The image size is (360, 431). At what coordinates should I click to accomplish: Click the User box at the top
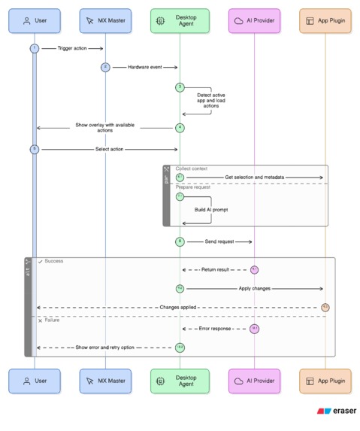tap(35, 21)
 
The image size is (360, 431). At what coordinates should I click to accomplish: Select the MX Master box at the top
tap(105, 21)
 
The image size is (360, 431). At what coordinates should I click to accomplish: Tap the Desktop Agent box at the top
tap(179, 21)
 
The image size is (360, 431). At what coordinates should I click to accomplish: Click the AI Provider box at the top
tap(254, 21)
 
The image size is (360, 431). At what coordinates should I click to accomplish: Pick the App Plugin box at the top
tap(325, 21)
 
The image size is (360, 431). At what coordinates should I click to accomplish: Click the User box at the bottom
tap(35, 381)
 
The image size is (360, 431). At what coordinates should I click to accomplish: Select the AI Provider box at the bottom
tap(254, 381)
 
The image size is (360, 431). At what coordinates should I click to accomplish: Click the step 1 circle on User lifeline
tap(34, 49)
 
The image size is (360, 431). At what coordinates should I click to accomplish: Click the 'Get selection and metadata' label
tap(254, 178)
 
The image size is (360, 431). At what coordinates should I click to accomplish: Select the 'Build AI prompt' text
tap(211, 209)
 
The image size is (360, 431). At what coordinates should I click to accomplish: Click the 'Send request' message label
tap(219, 241)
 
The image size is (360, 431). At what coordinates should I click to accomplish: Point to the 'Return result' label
tap(214, 269)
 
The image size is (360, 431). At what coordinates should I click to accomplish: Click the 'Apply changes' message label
tap(254, 288)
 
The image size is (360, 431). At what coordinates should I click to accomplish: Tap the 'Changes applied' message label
tap(179, 307)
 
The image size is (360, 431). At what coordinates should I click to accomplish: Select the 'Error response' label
tap(215, 329)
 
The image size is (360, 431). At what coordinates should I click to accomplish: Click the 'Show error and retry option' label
tap(105, 348)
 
